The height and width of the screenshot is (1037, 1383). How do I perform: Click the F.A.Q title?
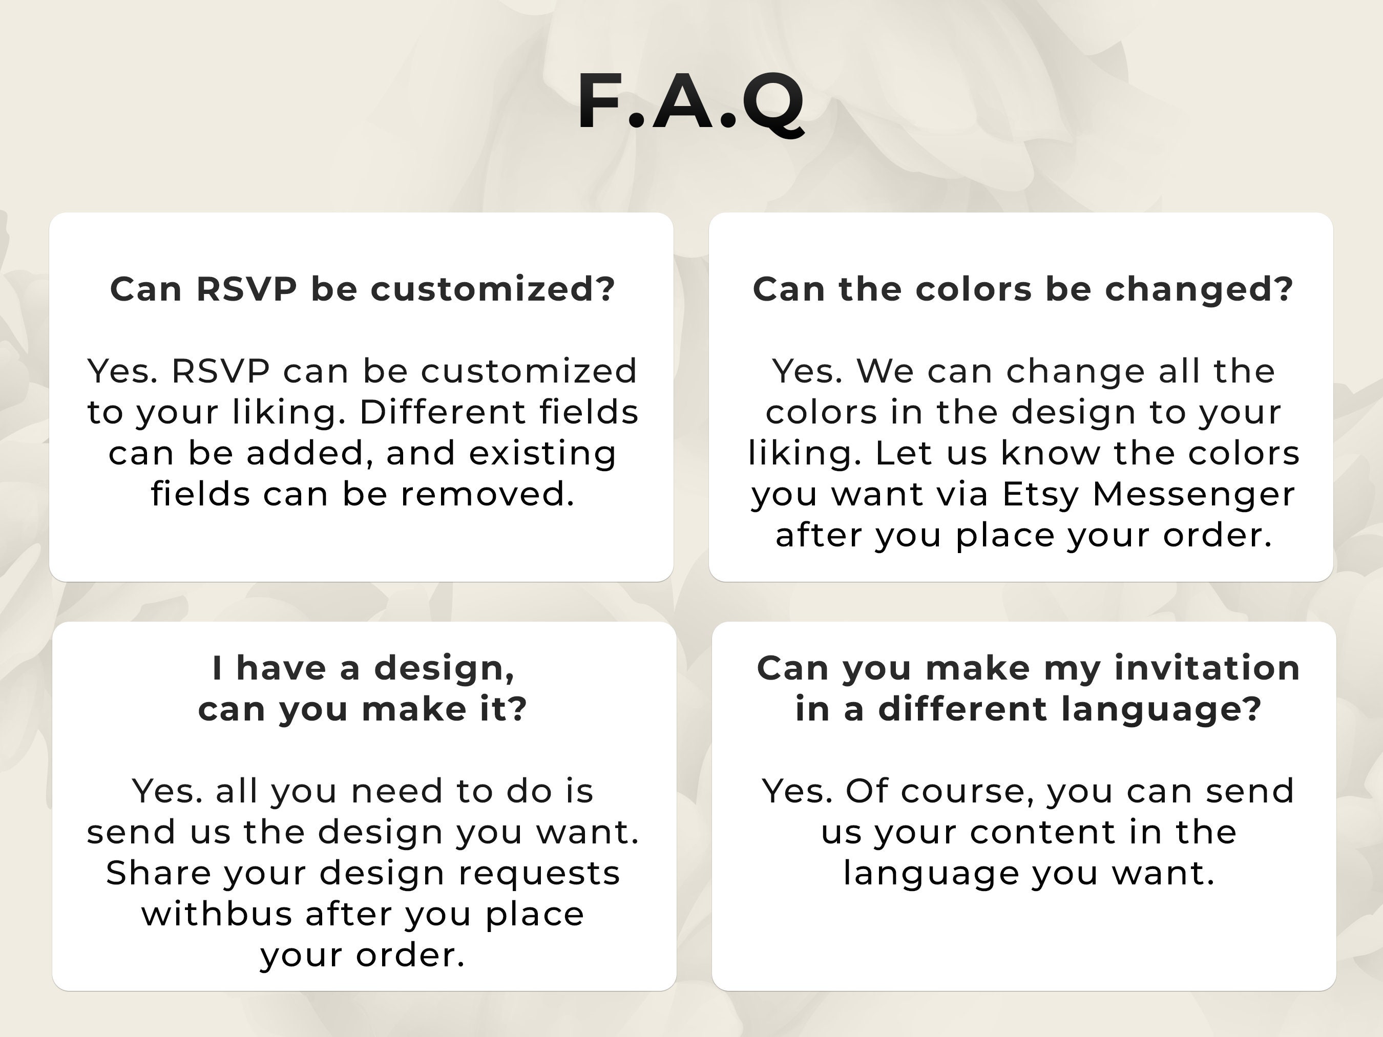[690, 101]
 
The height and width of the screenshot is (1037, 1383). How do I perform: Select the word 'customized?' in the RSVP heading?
[493, 289]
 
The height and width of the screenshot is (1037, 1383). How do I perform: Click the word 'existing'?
[542, 453]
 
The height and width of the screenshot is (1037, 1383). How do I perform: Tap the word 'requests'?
[539, 873]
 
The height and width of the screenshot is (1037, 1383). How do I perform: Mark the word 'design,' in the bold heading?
[444, 668]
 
